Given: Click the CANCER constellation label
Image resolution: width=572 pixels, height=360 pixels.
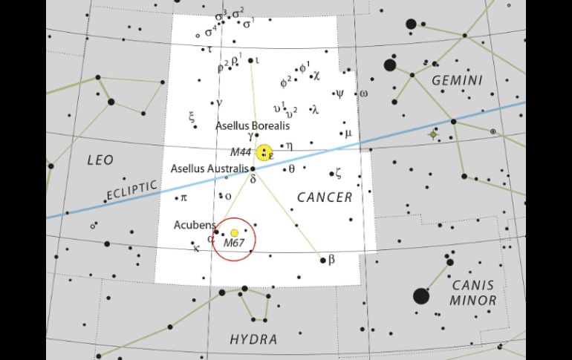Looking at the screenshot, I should pyautogui.click(x=325, y=197).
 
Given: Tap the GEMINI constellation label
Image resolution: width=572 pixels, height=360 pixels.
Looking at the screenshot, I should pyautogui.click(x=456, y=80).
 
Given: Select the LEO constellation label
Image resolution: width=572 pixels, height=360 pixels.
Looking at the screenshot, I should pyautogui.click(x=100, y=160).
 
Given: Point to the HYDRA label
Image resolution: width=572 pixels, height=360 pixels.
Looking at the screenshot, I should pyautogui.click(x=253, y=340).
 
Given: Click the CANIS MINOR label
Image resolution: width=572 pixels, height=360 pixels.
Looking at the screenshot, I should pyautogui.click(x=472, y=292).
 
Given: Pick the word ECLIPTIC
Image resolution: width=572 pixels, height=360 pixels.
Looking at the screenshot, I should pyautogui.click(x=131, y=192).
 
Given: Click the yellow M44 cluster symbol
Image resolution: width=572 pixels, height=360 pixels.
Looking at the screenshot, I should pyautogui.click(x=264, y=153).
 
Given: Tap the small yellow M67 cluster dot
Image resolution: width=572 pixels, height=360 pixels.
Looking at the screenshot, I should pyautogui.click(x=235, y=233).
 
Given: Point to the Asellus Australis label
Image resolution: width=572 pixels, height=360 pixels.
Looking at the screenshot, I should pyautogui.click(x=209, y=168).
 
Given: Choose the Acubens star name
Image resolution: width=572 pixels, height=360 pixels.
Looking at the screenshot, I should pyautogui.click(x=195, y=224).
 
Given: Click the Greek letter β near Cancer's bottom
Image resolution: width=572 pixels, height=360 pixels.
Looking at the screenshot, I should pyautogui.click(x=331, y=260).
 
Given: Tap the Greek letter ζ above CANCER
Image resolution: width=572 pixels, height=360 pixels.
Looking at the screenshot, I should pyautogui.click(x=338, y=174).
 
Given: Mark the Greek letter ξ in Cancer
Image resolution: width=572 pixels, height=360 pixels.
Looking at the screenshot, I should pyautogui.click(x=192, y=117).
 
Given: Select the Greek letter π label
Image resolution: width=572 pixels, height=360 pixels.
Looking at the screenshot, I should pyautogui.click(x=183, y=197).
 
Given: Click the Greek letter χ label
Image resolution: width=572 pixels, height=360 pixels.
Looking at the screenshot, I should pyautogui.click(x=316, y=74).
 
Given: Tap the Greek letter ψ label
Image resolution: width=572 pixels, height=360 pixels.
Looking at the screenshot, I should pyautogui.click(x=339, y=94).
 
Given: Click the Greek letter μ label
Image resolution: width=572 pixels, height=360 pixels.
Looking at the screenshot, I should pyautogui.click(x=347, y=134).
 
